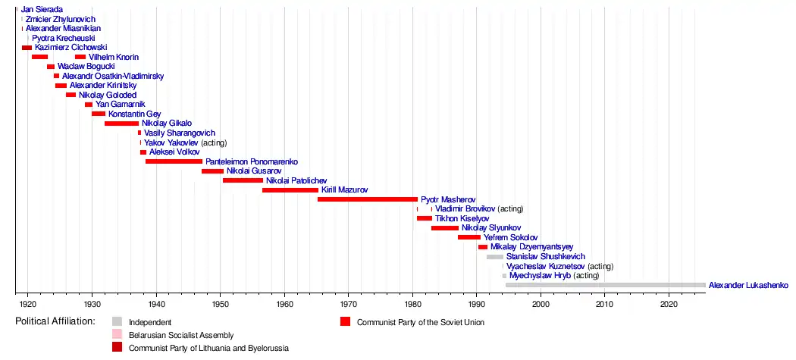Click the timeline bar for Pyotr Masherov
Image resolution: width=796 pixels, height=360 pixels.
tap(367, 199)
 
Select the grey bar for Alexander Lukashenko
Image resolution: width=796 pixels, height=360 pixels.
tap(605, 285)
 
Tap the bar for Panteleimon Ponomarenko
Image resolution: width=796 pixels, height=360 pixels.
tap(174, 161)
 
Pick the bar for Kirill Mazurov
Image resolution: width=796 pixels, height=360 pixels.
tap(290, 190)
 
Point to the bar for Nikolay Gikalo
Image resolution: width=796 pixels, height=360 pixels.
tap(121, 124)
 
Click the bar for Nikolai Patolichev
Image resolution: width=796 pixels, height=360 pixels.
tap(243, 180)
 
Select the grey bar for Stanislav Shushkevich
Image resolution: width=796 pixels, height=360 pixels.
tap(494, 257)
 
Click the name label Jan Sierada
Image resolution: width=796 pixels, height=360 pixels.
tap(42, 9)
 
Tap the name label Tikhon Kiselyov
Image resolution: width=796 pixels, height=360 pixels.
tap(462, 218)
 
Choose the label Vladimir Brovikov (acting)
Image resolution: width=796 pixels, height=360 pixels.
tap(479, 209)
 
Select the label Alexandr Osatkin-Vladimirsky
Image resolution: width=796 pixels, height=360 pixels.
tap(113, 76)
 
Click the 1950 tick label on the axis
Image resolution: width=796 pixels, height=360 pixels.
tap(221, 305)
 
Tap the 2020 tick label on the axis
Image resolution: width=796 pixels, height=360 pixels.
tap(669, 305)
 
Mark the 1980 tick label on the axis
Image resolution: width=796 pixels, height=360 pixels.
tap(412, 305)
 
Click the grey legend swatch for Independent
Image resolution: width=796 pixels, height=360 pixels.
tap(117, 322)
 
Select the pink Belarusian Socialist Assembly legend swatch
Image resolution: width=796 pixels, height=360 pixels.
tap(117, 335)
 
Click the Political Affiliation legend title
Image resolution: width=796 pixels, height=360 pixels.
tap(55, 321)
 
